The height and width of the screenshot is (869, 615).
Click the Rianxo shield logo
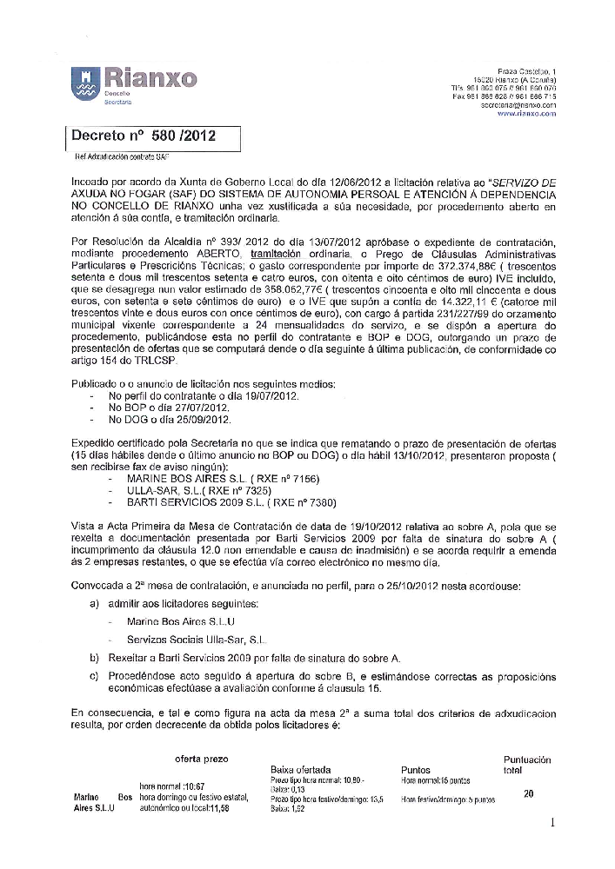tap(84, 83)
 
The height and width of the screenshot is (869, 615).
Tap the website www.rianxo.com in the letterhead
tap(525, 113)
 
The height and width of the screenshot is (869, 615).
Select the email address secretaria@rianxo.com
tap(518, 104)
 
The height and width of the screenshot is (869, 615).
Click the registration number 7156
tap(304, 479)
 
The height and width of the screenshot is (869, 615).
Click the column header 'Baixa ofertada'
tap(300, 770)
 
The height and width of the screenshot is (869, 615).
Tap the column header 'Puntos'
tap(415, 770)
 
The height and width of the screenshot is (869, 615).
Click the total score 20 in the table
tap(528, 793)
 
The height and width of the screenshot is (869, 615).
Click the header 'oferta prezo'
tap(202, 758)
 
